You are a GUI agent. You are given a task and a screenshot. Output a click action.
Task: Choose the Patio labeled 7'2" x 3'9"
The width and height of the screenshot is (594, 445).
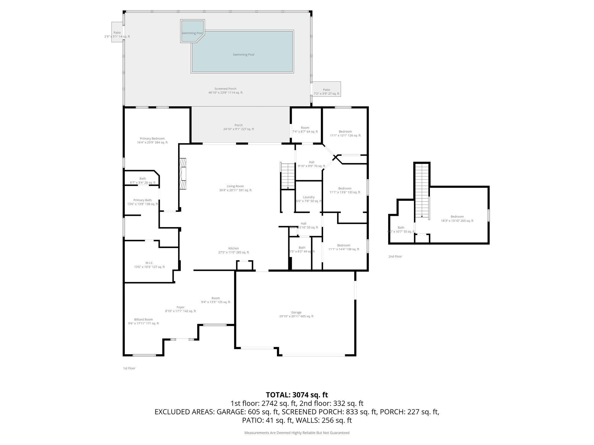click(x=326, y=92)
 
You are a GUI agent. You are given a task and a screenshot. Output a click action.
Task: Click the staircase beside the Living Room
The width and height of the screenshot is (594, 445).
click(x=288, y=176)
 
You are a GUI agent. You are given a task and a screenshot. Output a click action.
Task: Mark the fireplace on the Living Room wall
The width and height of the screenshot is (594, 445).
click(x=183, y=173)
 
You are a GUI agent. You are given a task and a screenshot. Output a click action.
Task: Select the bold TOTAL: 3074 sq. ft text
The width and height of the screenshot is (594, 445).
click(x=297, y=395)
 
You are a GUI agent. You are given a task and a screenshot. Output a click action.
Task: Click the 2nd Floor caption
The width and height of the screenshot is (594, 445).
click(x=395, y=256)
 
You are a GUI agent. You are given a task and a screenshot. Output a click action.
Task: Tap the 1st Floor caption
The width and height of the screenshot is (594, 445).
click(x=129, y=368)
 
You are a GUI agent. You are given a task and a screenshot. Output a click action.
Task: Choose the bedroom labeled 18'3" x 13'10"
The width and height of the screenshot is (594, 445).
click(x=457, y=218)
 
